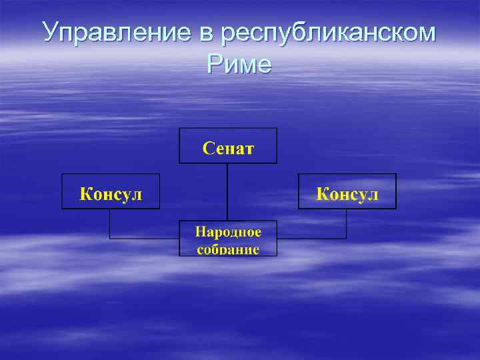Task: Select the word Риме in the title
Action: [x=239, y=64]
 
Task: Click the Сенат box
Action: [x=228, y=145]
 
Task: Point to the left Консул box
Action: [x=111, y=191]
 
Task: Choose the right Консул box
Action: [x=347, y=191]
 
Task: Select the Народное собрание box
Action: [x=228, y=238]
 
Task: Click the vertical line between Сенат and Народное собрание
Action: [x=228, y=192]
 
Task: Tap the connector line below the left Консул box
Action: [x=110, y=223]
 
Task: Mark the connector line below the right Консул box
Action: [x=346, y=223]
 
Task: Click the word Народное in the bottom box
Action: [x=228, y=231]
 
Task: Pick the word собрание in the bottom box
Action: [x=228, y=249]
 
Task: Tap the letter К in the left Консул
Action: [x=86, y=194]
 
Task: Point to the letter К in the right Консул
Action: [x=322, y=194]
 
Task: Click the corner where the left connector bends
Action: [x=110, y=238]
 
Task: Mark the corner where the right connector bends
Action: [x=346, y=238]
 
